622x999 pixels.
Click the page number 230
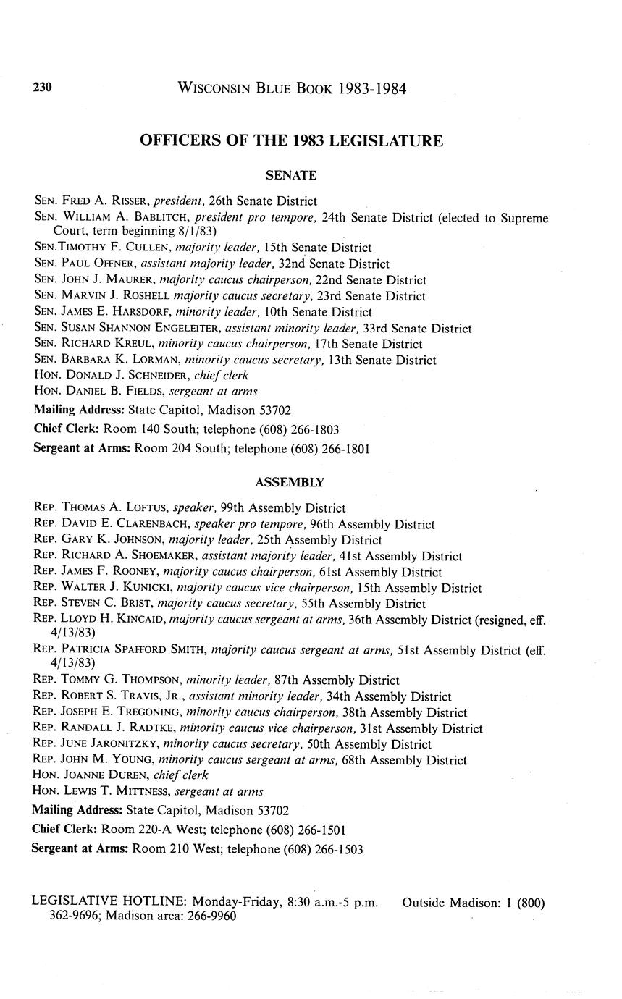[x=42, y=88]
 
